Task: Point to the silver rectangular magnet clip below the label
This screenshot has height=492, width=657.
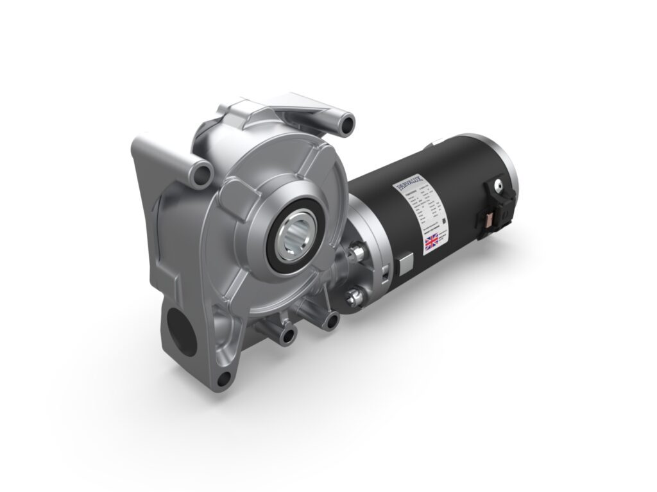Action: coord(407,264)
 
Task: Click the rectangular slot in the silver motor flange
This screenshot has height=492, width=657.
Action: coord(384,272)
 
